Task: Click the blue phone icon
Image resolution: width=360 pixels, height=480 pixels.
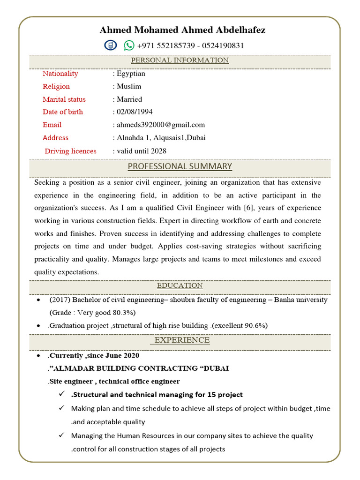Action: (110, 45)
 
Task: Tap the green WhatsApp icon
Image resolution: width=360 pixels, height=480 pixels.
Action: (129, 45)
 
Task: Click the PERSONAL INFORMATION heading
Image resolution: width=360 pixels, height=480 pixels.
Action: (180, 60)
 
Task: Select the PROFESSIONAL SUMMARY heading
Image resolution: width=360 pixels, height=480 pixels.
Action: (180, 166)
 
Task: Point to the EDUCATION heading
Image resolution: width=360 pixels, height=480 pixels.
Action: (180, 285)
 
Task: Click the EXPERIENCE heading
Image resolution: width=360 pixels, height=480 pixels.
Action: (182, 340)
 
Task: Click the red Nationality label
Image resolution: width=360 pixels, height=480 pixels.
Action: (60, 74)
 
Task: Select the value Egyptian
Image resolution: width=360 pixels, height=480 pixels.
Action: (131, 74)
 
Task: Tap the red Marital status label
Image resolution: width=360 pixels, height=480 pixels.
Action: (64, 99)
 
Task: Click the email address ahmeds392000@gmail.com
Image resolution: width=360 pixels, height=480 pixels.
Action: (161, 125)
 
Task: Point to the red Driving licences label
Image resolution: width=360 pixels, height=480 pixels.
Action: (70, 151)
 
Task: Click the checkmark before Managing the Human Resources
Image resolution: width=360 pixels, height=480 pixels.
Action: (61, 435)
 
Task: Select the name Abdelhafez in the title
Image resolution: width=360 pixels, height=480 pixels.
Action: (240, 30)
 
